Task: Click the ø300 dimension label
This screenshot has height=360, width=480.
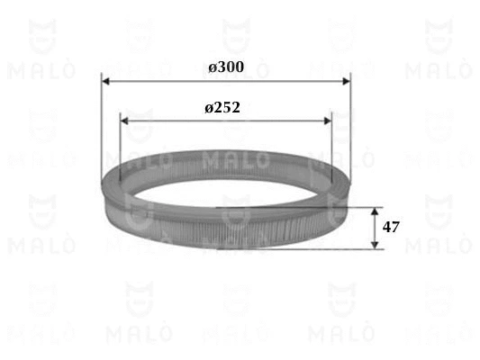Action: [226, 67]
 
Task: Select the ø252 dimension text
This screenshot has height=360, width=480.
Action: [222, 107]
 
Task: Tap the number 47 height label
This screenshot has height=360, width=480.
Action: [391, 227]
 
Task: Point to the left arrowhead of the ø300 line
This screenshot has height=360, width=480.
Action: [106, 81]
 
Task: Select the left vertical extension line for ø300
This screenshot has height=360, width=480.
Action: [102, 126]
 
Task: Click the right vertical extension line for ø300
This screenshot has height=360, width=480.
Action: [349, 126]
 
